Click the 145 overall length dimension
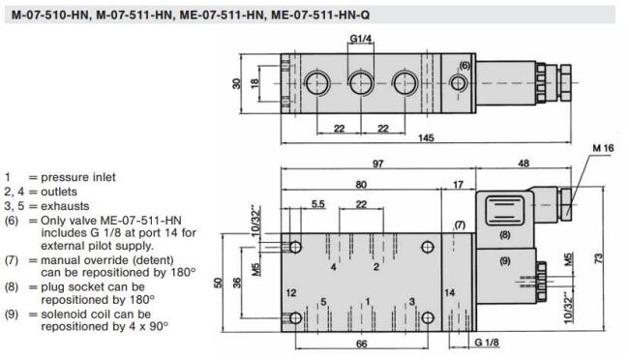point(426,137)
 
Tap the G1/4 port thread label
point(361,39)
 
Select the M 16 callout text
point(603,148)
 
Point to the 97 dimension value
point(377,164)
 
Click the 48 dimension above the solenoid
point(524,163)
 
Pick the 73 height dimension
point(598,258)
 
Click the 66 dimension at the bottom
point(362,344)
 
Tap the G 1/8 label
point(487,343)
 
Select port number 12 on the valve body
point(291,292)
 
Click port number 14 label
point(449,292)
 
